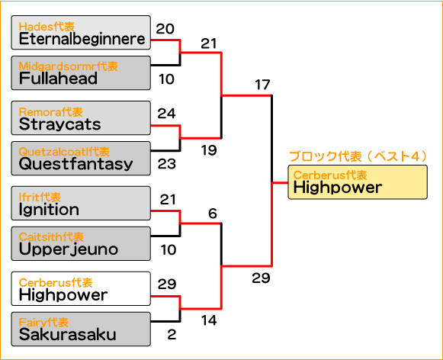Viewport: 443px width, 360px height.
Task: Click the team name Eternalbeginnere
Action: coord(82,39)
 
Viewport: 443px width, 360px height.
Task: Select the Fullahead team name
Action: coord(58,79)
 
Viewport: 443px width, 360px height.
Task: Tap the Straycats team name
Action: coord(59,124)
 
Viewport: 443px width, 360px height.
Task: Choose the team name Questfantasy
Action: coord(75,164)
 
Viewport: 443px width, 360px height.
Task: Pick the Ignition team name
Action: coord(49,210)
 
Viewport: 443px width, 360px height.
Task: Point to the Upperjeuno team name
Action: coord(69,249)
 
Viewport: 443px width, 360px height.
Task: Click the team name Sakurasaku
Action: coord(68,334)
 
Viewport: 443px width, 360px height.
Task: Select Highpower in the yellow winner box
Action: coord(338,188)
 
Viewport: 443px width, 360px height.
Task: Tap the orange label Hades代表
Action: coord(47,27)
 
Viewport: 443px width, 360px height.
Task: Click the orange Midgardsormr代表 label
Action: coord(68,66)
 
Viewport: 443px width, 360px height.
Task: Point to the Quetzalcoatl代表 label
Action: coord(64,152)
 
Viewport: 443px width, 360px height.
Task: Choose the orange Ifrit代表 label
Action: coord(40,198)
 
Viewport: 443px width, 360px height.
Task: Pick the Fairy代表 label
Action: coord(43,322)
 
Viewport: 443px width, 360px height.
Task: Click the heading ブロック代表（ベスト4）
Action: coord(358,156)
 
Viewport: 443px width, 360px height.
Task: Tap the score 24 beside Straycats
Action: coord(167,114)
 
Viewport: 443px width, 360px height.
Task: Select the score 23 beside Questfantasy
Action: coord(167,164)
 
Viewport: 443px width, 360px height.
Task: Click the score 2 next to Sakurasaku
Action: coord(172,335)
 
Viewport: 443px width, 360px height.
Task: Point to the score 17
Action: coord(262,85)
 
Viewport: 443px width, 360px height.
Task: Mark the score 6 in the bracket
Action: coord(213,214)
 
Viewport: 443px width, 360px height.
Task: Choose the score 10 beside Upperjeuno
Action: coord(169,250)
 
